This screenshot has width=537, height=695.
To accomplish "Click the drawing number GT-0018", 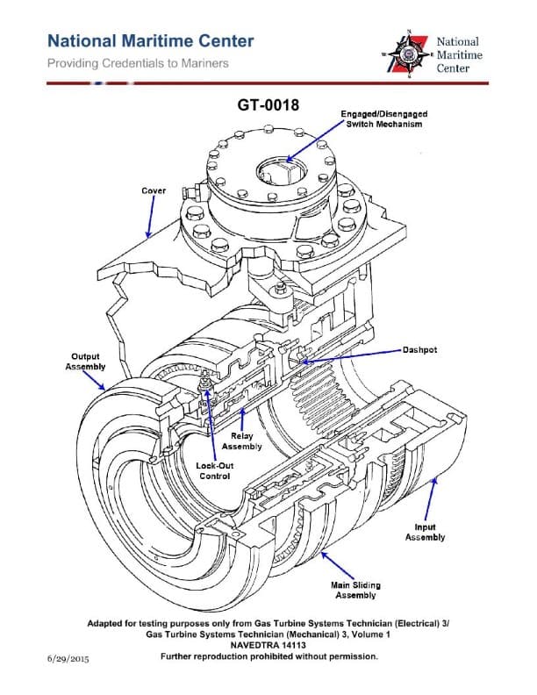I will tap(268, 105).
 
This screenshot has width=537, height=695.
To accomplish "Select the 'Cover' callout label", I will tap(154, 190).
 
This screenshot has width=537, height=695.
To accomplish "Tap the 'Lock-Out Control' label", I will tap(214, 471).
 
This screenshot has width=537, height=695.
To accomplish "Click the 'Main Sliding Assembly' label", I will tap(354, 590).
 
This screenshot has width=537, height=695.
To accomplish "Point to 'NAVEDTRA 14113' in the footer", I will tap(268, 644).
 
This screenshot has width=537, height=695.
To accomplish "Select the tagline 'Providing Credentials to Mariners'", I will tap(137, 63).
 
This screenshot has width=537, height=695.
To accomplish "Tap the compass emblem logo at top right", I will tap(408, 54).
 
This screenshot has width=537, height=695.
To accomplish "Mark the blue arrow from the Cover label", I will tap(150, 219).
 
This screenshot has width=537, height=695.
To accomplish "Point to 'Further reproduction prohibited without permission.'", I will tap(268, 656).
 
